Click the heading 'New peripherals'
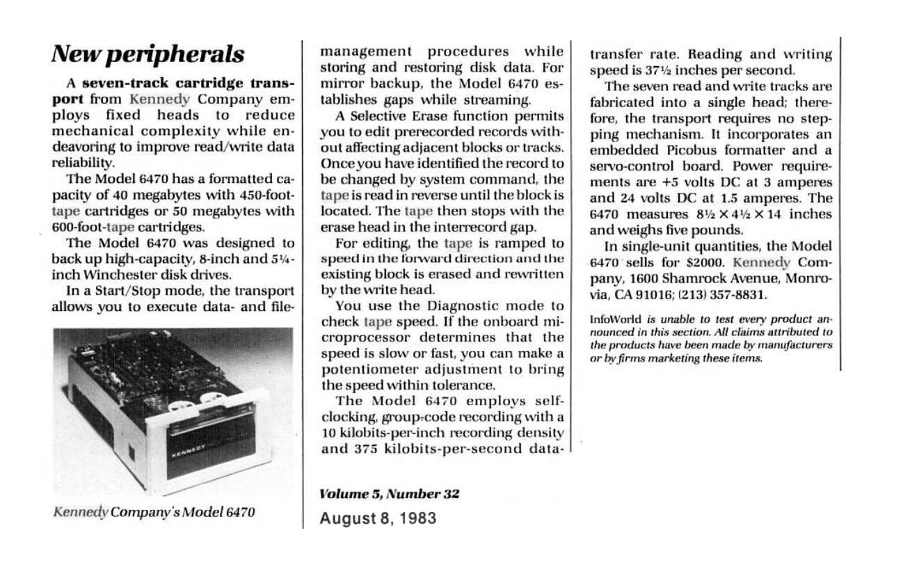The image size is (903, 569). pos(149,54)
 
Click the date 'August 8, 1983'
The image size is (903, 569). pos(378,518)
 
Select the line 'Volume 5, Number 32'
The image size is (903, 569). pos(390,495)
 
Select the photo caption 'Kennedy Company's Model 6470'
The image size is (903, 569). pos(154,513)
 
